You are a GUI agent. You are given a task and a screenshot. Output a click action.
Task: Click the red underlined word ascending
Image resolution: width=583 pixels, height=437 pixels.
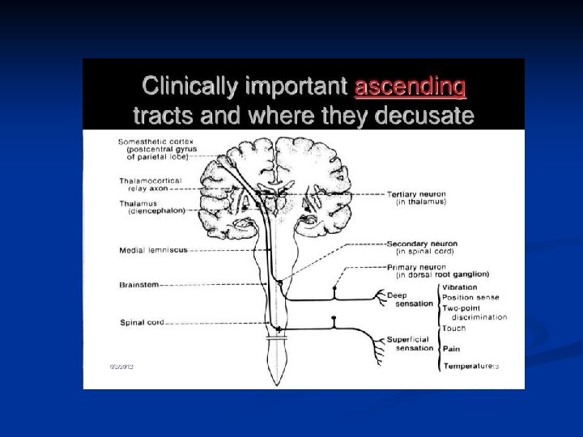pos(410,86)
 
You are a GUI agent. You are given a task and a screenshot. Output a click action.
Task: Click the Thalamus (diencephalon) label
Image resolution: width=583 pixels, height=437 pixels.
pos(151,206)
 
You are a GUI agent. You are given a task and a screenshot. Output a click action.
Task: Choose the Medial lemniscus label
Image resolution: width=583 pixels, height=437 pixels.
pos(153,249)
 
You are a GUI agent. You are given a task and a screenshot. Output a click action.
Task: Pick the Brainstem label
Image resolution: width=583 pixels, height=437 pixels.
pos(139,284)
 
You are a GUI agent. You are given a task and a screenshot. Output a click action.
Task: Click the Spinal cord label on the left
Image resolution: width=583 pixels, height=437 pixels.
pos(143,322)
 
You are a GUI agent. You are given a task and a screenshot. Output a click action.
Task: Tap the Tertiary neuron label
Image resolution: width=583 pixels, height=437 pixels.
pos(416,198)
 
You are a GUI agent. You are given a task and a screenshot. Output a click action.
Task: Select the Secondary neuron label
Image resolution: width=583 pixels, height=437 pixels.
pos(421,247)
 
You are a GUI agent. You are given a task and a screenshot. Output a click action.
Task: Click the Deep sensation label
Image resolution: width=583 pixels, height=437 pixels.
pos(410,299)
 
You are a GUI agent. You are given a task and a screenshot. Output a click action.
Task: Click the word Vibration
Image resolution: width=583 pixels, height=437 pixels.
pos(460,286)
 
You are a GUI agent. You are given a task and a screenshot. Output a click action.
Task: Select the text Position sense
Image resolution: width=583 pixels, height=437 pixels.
pos(470,297)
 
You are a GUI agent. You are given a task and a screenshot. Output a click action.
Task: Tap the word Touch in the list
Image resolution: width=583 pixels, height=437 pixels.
pos(453,329)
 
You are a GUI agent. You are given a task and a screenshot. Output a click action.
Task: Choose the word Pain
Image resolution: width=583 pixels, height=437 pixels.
pos(451,348)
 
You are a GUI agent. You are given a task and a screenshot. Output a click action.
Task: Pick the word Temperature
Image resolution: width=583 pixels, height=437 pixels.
pos(466,367)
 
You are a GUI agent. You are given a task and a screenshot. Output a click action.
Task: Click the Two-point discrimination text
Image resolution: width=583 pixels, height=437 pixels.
pos(474,312)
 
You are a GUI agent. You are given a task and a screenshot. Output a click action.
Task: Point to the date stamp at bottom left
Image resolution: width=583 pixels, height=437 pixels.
pos(121,366)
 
